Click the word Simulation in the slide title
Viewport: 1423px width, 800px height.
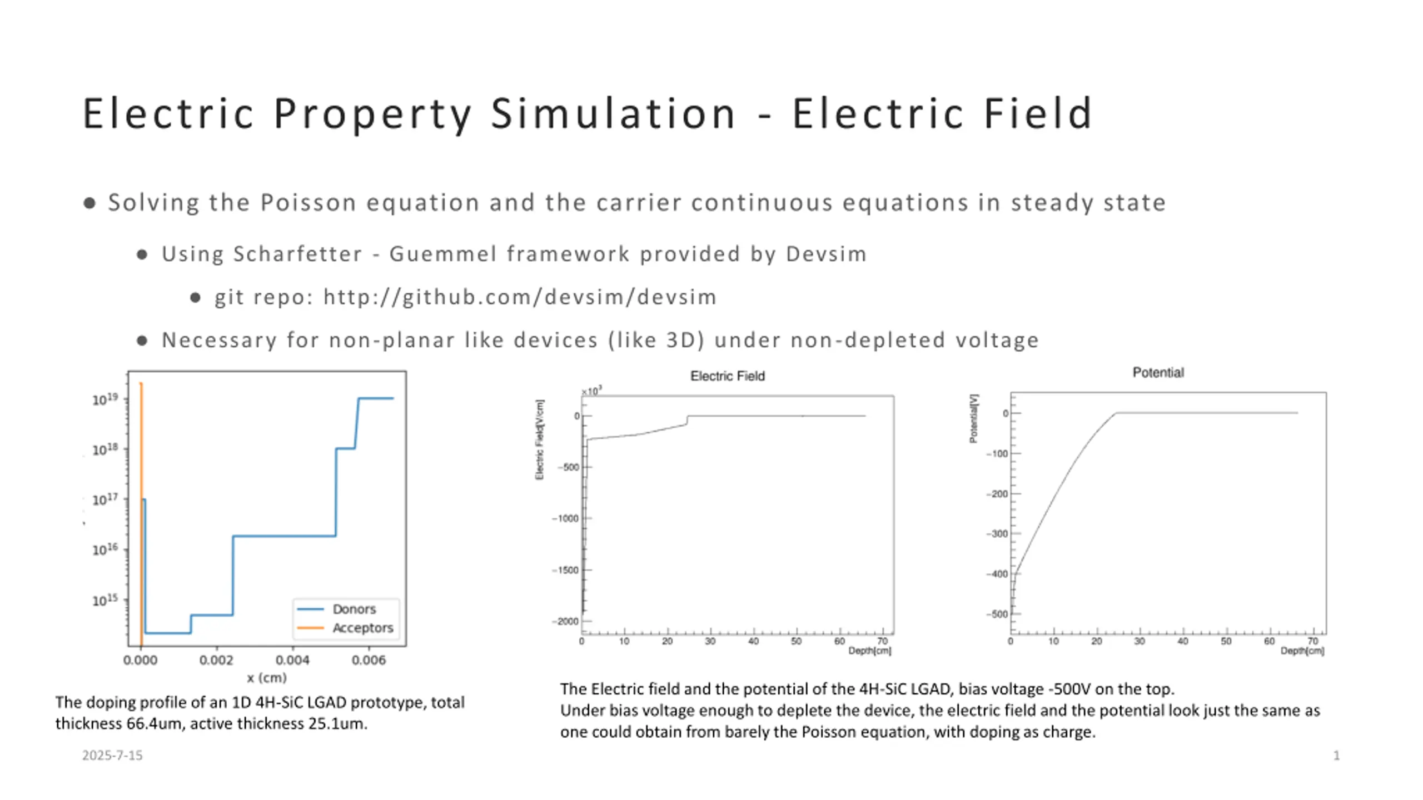pos(613,114)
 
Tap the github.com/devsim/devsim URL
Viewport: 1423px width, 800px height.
pos(520,297)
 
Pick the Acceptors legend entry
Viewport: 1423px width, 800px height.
pos(345,628)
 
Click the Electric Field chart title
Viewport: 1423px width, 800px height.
pos(727,376)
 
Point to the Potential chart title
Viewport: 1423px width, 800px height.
pos(1158,373)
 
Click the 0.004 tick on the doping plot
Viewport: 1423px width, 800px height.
pos(292,660)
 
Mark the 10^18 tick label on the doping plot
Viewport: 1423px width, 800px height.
pos(105,448)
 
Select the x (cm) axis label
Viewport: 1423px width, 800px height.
pos(267,678)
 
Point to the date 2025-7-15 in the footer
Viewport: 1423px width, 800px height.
pos(112,756)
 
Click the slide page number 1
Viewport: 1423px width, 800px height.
pos(1336,756)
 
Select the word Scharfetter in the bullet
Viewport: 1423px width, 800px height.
pos(297,254)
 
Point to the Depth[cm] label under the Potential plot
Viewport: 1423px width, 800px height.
pos(1302,651)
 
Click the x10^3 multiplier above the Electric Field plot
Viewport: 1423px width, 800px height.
pos(591,391)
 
